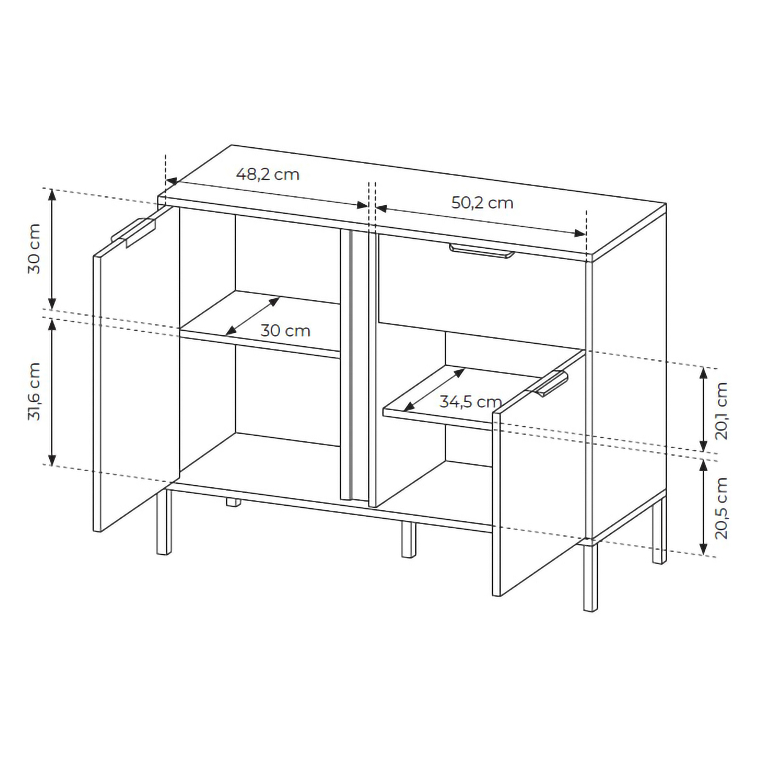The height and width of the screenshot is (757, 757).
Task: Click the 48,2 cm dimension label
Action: [268, 174]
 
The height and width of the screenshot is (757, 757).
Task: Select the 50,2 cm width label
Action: [482, 203]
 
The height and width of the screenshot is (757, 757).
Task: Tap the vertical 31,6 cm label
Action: [34, 391]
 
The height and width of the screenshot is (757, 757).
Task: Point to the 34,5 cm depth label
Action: [470, 402]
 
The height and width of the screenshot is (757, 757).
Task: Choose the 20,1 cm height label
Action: [721, 411]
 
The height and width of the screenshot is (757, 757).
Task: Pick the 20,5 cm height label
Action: [721, 508]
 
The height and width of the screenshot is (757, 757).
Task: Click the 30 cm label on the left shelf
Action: [285, 331]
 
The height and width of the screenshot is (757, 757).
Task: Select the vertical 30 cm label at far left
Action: [34, 249]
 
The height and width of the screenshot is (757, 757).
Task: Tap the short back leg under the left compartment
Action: [234, 502]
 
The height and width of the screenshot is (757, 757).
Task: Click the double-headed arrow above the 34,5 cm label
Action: [434, 389]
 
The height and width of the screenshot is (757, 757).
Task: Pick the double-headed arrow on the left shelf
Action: [253, 316]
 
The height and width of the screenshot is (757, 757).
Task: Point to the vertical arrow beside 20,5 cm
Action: [703, 508]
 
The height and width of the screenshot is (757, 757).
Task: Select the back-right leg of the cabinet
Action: [659, 531]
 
